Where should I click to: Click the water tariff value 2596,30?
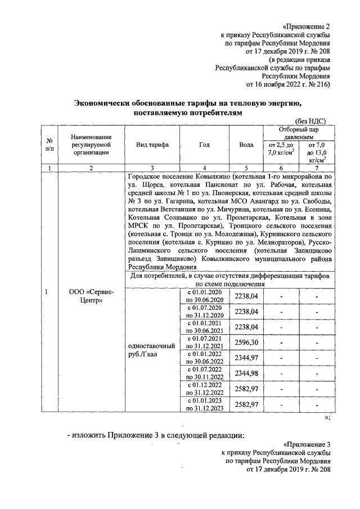pyautogui.click(x=246, y=343)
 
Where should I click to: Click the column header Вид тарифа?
pyautogui.click(x=152, y=145)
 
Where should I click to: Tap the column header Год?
pyautogui.click(x=204, y=145)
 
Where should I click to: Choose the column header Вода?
pyautogui.click(x=246, y=145)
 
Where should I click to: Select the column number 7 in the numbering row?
pyautogui.click(x=317, y=168)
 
